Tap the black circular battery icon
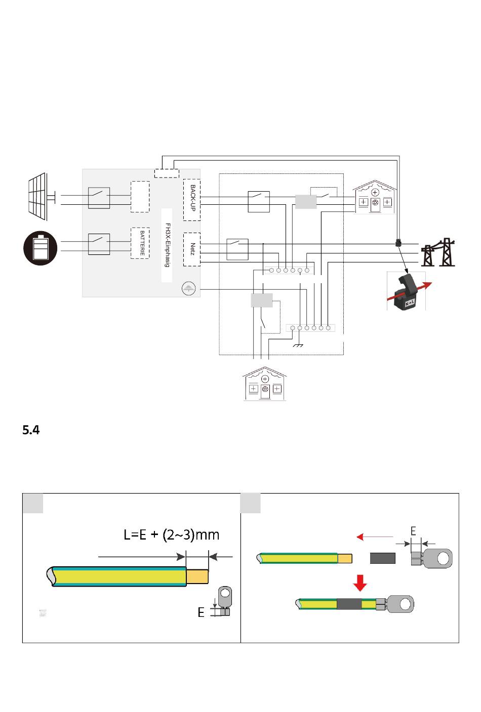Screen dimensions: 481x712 point(41,248)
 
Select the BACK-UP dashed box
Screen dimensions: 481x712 point(191,200)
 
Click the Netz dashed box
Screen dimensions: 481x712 point(191,249)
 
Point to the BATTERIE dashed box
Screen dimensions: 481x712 point(140,243)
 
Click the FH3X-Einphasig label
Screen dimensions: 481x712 point(167,245)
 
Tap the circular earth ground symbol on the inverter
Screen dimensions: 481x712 point(188,289)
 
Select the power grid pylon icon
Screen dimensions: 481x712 point(438,252)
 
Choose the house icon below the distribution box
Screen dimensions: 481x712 point(264,383)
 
